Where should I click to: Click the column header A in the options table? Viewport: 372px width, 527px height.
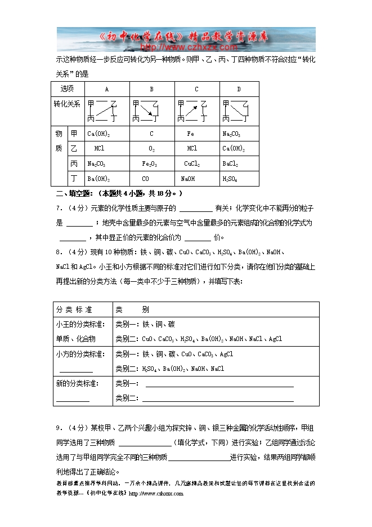pos(107,89)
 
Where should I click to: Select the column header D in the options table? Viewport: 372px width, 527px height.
pos(239,89)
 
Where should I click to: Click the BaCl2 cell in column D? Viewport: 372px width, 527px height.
pos(230,163)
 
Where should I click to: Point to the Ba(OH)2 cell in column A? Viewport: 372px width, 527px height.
pos(98,179)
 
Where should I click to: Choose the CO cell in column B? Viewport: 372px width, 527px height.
pos(145,179)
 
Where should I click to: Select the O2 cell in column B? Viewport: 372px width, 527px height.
pos(151,149)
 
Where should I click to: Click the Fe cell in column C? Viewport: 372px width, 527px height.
pos(190,134)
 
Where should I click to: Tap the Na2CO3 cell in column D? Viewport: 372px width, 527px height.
pos(231,134)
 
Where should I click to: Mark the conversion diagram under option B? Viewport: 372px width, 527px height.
pos(146,111)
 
